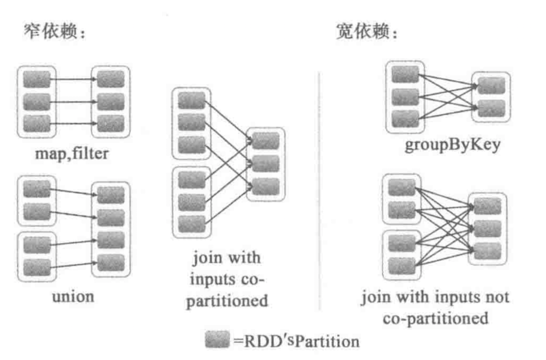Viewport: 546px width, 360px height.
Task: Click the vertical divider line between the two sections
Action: tap(320, 184)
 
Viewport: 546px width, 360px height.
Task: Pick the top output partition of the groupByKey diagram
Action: tap(491, 85)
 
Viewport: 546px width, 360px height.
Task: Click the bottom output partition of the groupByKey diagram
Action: tap(491, 107)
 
